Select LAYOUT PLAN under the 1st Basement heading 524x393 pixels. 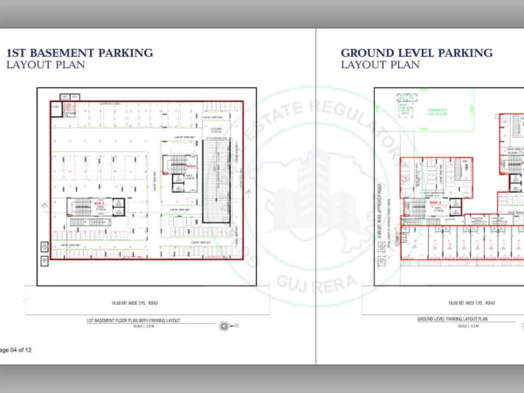coord(45,65)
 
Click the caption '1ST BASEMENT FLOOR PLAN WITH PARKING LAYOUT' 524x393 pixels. coord(133,321)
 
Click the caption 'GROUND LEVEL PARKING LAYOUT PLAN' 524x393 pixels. coord(452,321)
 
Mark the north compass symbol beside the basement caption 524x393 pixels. coord(224,326)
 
